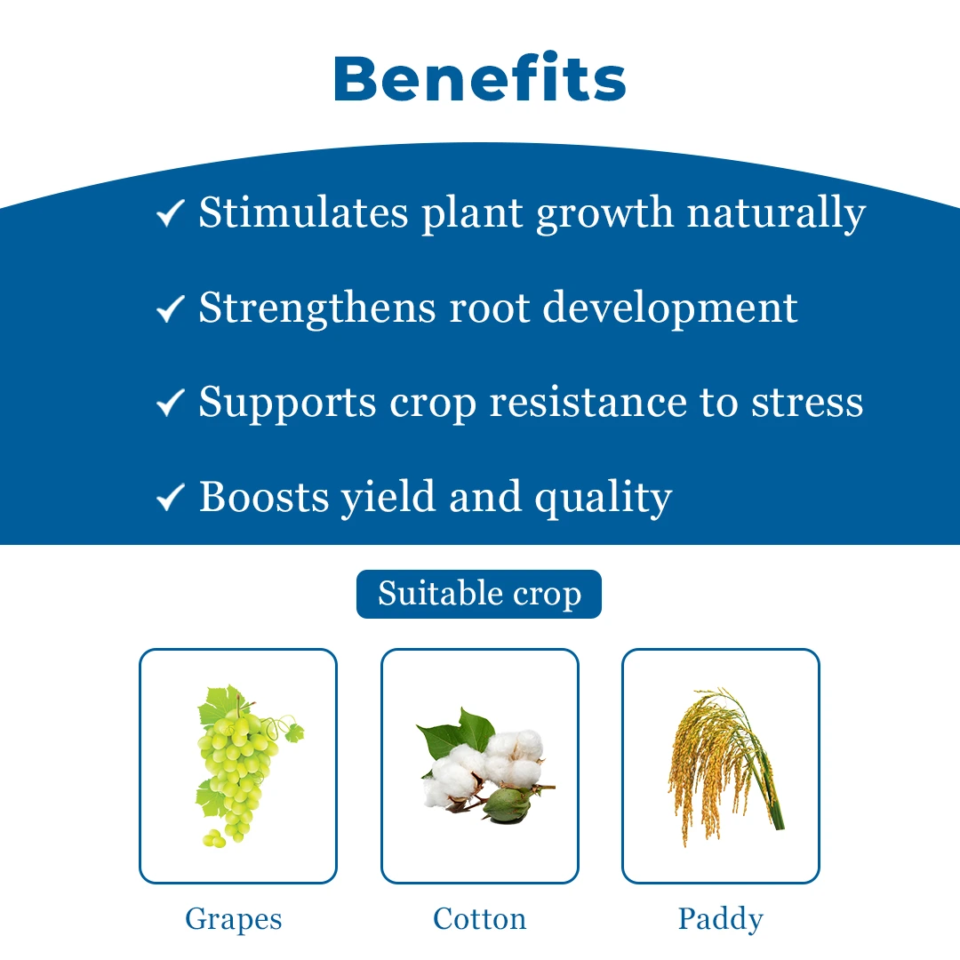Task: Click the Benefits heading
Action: (x=479, y=77)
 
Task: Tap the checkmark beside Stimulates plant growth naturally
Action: (x=170, y=213)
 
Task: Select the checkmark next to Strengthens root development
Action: (x=170, y=308)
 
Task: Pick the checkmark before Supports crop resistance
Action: (x=170, y=403)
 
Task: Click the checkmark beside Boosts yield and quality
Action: (x=170, y=497)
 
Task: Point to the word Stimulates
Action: (x=303, y=212)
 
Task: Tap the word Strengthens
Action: (x=317, y=308)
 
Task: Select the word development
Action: (x=670, y=308)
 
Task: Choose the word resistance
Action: (x=588, y=403)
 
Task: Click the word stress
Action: (x=807, y=404)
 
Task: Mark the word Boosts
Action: (x=264, y=497)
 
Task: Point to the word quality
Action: (x=603, y=499)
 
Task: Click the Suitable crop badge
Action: (x=479, y=594)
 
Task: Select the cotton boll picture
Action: (x=484, y=765)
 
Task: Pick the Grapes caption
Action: (x=233, y=920)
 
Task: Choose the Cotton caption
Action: (x=479, y=918)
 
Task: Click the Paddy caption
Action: (x=721, y=920)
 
